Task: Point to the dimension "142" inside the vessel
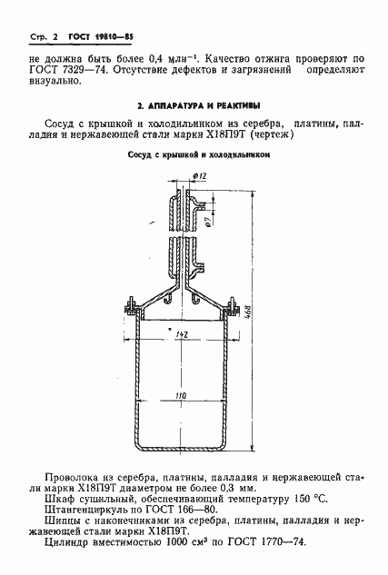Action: click(181, 336)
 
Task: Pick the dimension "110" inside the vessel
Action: click(181, 396)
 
